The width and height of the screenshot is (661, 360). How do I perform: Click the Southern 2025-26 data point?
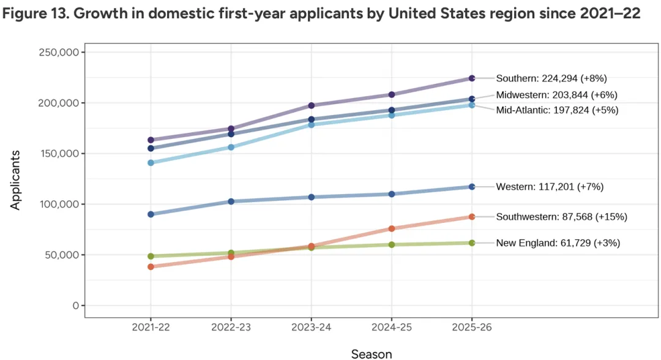coord(472,78)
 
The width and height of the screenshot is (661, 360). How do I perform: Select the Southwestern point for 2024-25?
coord(392,229)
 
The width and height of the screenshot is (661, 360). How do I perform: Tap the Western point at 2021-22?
coord(151,214)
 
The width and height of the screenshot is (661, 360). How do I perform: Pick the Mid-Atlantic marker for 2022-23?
coord(231,148)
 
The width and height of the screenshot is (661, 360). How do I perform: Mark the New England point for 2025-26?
coord(472,243)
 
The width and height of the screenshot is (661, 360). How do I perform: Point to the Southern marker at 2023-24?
coord(312,106)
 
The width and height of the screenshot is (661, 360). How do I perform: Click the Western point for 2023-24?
coord(312,197)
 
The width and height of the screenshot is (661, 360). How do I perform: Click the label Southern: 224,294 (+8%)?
coord(551,78)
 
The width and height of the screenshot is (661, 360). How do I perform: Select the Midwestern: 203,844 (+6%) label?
coord(556,95)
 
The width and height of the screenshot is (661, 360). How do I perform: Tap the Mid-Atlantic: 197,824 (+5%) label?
coord(557,110)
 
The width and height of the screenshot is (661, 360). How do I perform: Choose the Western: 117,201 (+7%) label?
coord(550,187)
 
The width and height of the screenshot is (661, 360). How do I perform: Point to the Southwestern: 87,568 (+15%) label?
coord(561,217)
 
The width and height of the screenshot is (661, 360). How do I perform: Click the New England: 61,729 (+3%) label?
coord(558,243)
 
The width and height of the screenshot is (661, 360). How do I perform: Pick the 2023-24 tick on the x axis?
coord(312,328)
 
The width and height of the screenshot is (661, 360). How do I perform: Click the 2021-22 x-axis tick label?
coord(151,328)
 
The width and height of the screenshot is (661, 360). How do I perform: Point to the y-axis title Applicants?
coord(17,180)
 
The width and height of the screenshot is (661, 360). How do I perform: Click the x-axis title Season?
coord(372,353)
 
